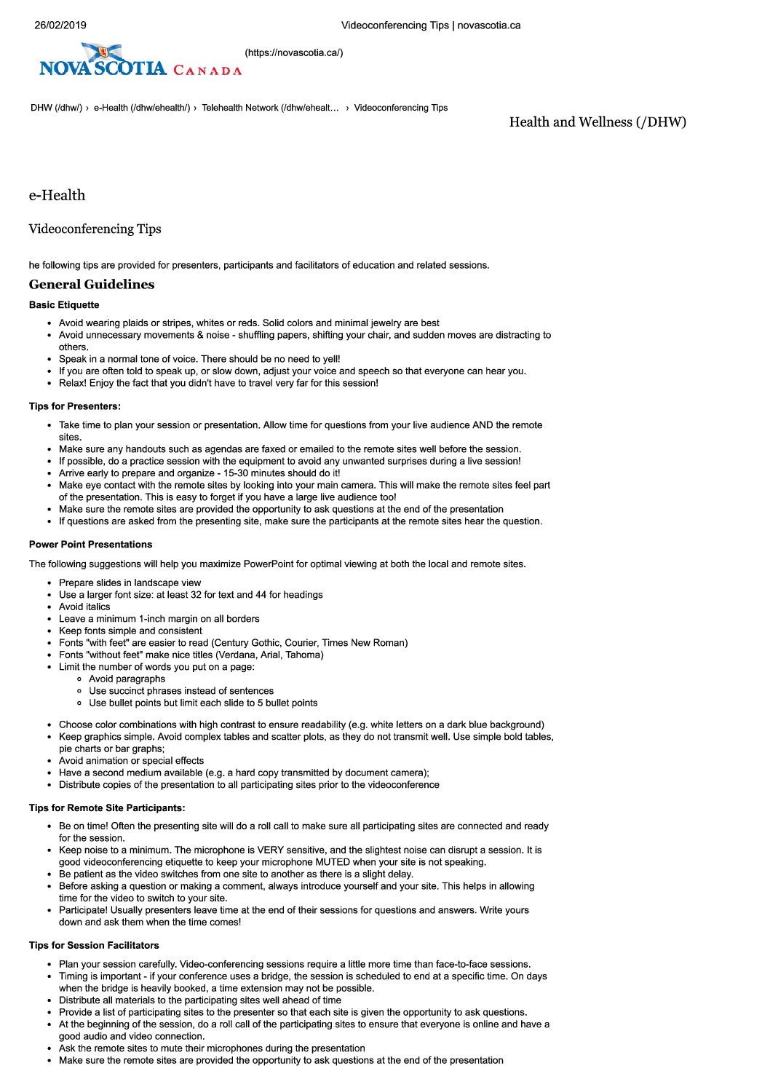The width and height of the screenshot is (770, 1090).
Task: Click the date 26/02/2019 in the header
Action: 60,25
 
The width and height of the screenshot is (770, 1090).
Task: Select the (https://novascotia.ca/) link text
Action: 293,52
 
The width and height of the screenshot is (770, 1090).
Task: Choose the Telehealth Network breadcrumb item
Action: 269,108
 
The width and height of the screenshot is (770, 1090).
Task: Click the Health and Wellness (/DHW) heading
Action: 597,122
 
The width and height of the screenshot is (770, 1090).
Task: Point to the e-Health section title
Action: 57,195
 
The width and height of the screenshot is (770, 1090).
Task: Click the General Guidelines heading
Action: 92,285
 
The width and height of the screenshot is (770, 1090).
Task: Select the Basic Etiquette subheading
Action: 64,305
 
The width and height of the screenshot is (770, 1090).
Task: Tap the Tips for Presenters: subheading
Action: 75,406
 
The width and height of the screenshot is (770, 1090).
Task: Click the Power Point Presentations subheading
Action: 90,545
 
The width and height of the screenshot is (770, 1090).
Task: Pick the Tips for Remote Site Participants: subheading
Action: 107,808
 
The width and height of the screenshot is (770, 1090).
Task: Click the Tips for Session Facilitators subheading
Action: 94,946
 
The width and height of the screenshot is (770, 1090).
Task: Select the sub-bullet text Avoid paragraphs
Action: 127,679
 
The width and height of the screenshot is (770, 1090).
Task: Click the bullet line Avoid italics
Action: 84,607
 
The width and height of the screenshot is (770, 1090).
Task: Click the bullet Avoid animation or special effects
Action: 131,761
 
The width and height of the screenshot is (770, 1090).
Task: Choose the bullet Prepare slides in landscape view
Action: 130,583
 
